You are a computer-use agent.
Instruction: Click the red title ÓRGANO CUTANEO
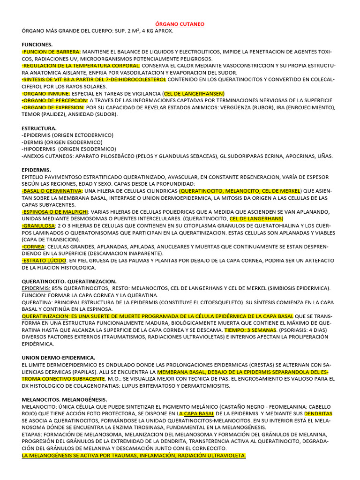[180, 24]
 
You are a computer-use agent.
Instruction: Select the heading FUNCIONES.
[37, 45]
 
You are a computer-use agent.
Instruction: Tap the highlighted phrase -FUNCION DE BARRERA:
[52, 52]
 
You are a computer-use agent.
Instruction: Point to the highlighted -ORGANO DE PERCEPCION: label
[55, 100]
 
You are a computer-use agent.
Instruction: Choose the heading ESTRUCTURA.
[39, 128]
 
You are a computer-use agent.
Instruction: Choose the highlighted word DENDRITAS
[318, 414]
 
